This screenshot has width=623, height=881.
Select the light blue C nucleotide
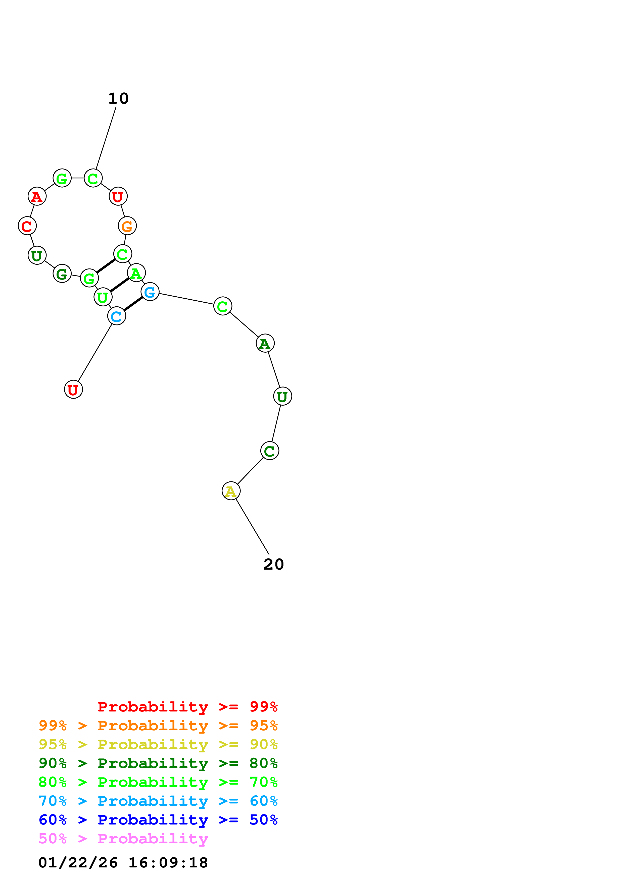pyautogui.click(x=117, y=316)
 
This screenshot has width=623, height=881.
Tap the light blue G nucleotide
pyautogui.click(x=150, y=292)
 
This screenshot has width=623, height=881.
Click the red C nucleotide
pyautogui.click(x=27, y=226)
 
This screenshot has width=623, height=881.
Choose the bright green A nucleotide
pyautogui.click(x=136, y=273)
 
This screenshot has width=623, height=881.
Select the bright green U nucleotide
pyautogui.click(x=103, y=297)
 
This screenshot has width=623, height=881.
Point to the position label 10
pyautogui.click(x=118, y=99)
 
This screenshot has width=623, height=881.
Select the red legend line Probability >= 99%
pyautogui.click(x=187, y=707)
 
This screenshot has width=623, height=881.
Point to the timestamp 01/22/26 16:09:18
pyautogui.click(x=123, y=863)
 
